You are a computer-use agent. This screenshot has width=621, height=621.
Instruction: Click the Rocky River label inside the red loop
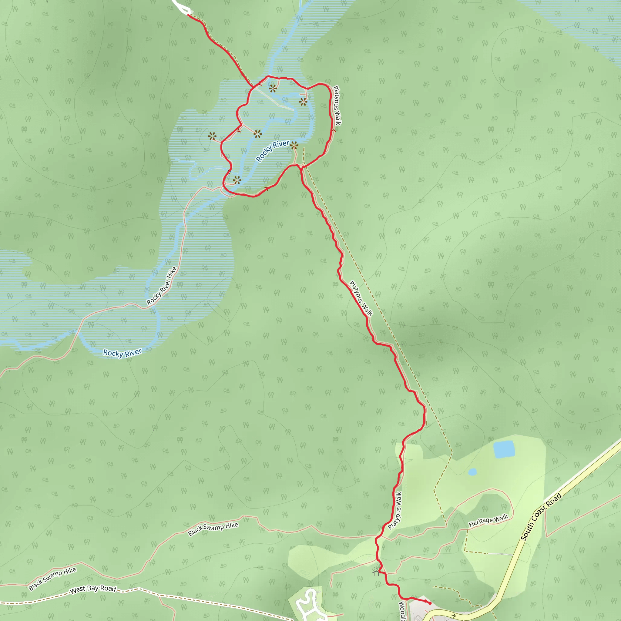272,151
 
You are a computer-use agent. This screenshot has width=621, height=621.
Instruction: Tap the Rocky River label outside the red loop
122,353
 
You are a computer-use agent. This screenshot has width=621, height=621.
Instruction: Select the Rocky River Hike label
162,286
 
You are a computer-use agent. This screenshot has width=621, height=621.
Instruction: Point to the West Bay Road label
93,589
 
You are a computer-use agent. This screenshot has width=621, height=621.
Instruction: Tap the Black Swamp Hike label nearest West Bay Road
52,579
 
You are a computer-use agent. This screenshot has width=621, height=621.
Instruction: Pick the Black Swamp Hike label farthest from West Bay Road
213,529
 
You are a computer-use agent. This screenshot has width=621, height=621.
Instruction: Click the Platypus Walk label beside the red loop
337,105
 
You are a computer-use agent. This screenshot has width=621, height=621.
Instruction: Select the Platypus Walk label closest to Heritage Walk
395,511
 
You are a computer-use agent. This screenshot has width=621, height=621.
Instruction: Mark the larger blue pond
504,449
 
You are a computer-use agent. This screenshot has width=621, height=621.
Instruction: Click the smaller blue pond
472,472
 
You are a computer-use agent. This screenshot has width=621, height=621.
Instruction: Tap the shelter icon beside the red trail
376,571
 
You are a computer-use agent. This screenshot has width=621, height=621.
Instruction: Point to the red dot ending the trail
430,603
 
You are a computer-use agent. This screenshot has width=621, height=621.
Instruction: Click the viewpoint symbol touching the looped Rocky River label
294,145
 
